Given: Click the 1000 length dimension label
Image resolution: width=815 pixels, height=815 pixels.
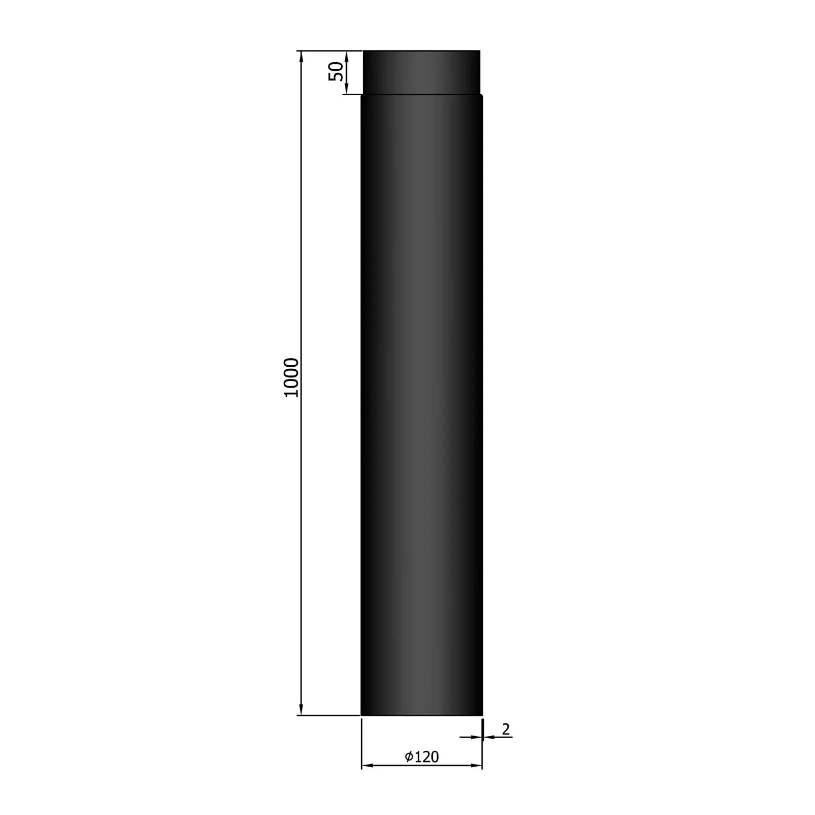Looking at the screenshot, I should [x=291, y=377].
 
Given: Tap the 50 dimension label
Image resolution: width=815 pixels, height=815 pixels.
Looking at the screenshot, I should [x=336, y=71].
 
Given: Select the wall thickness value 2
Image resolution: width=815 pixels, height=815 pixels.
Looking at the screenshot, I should [x=505, y=729].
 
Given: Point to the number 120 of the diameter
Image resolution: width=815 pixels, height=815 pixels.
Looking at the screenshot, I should [x=426, y=757].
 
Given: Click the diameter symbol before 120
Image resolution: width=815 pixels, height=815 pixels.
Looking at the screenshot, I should [x=409, y=757].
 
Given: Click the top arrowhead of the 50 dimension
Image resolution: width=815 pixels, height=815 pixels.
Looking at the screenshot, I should [x=346, y=56].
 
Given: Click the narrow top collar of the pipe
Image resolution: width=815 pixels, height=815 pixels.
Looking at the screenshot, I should [x=421, y=72].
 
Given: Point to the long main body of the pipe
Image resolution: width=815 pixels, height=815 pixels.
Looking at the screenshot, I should [x=421, y=402].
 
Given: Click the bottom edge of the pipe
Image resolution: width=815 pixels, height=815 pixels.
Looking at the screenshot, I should [x=421, y=715].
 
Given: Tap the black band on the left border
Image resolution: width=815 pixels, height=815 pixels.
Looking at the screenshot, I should [x=59, y=407].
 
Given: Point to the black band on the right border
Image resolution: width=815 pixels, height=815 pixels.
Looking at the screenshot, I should [x=756, y=407].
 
